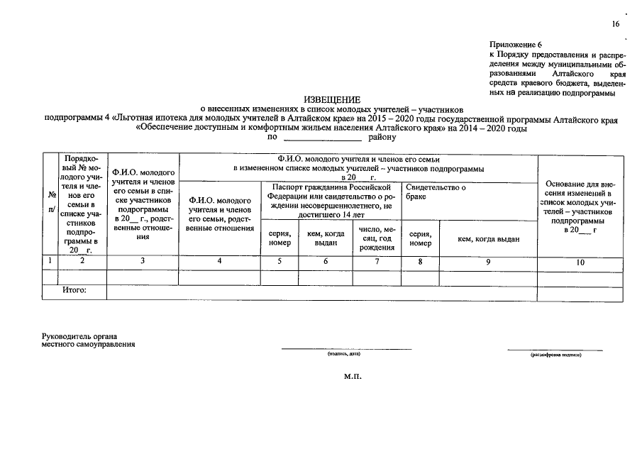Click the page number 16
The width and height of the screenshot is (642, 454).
(x=616, y=25)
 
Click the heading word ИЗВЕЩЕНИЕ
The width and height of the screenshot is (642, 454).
(x=332, y=99)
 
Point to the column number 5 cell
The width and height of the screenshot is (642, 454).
(x=279, y=262)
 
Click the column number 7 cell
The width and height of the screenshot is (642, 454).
(x=377, y=262)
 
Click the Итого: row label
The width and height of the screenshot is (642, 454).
(x=74, y=289)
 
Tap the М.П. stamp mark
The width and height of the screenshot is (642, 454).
(x=353, y=376)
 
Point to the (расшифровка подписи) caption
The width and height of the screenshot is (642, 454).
(x=555, y=353)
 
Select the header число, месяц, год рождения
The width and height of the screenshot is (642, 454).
(x=377, y=238)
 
